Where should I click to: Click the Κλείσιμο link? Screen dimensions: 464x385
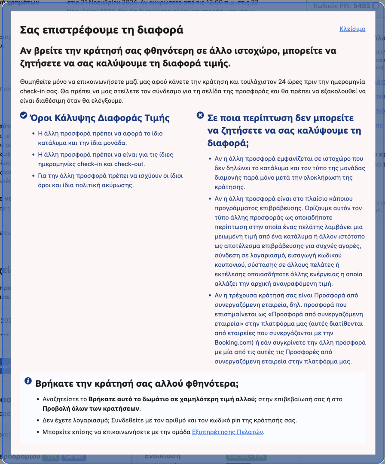pos(352,29)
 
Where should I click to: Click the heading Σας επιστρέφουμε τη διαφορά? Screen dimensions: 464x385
pos(101,30)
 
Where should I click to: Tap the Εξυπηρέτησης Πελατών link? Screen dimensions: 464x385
pos(227,432)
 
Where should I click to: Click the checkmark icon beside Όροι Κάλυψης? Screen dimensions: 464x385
pos(24,115)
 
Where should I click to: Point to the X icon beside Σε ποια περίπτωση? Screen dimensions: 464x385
pos(200,115)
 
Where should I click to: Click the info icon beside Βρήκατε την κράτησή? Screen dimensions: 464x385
pos(28,381)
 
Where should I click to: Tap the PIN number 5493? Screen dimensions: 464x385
pos(361,6)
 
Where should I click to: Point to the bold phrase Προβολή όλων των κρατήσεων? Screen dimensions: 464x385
pos(91,409)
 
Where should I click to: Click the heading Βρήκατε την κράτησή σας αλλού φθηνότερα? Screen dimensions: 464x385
pos(137,383)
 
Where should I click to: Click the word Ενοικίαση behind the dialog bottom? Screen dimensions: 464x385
pos(162,456)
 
